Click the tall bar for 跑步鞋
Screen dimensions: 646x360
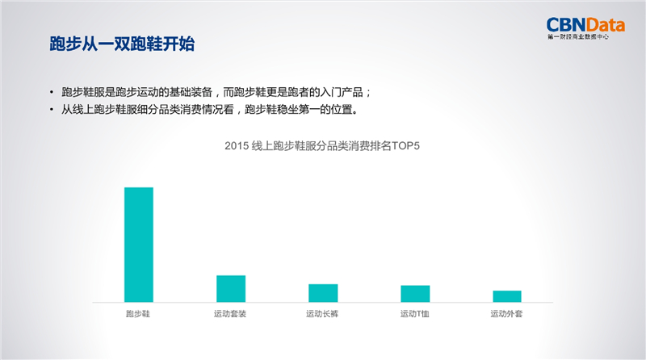139,245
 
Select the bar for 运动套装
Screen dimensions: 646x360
231,289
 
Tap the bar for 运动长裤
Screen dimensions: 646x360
323,293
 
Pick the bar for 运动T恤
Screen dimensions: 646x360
415,294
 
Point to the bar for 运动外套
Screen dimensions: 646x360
507,296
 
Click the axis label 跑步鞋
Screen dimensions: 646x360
138,314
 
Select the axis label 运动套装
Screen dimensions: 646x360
230,314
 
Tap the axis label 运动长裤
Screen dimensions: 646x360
322,314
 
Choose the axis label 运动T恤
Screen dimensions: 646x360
414,314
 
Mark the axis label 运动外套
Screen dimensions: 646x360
506,314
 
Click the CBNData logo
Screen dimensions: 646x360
585,25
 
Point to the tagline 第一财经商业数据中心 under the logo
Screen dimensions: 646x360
578,37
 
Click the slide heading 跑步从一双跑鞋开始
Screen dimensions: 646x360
122,44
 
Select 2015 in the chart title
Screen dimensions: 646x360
237,146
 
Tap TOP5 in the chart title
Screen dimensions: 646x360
405,146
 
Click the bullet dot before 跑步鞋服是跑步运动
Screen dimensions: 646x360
52,92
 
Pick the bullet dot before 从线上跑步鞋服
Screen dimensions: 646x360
52,110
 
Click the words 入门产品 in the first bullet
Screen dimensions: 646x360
342,92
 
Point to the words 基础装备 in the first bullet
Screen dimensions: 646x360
191,92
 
